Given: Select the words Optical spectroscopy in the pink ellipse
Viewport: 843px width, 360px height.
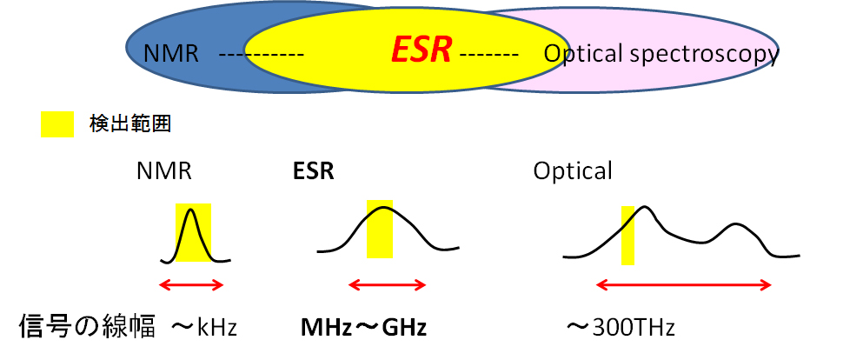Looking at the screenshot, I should (x=660, y=54).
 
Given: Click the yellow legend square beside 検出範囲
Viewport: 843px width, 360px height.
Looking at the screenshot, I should (x=52, y=124).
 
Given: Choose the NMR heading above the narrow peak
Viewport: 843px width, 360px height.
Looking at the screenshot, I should (x=163, y=171).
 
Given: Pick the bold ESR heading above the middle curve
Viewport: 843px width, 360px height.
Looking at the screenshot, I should (x=313, y=171).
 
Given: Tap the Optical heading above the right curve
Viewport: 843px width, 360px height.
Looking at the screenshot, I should (x=572, y=171).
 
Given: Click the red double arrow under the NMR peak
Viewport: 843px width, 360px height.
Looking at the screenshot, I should (x=193, y=284).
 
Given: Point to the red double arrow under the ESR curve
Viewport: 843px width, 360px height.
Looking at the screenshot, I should (x=387, y=284).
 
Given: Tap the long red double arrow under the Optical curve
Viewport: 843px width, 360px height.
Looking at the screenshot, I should (x=684, y=284).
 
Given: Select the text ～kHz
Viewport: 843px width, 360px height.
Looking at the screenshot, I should (x=203, y=328).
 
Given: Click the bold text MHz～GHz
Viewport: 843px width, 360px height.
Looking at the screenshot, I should (x=363, y=328).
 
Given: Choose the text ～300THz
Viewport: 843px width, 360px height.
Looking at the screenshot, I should (x=620, y=328).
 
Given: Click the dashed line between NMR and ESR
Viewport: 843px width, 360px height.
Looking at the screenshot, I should (x=260, y=56).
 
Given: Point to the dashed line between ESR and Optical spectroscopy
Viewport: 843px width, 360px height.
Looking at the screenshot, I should (x=489, y=56).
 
